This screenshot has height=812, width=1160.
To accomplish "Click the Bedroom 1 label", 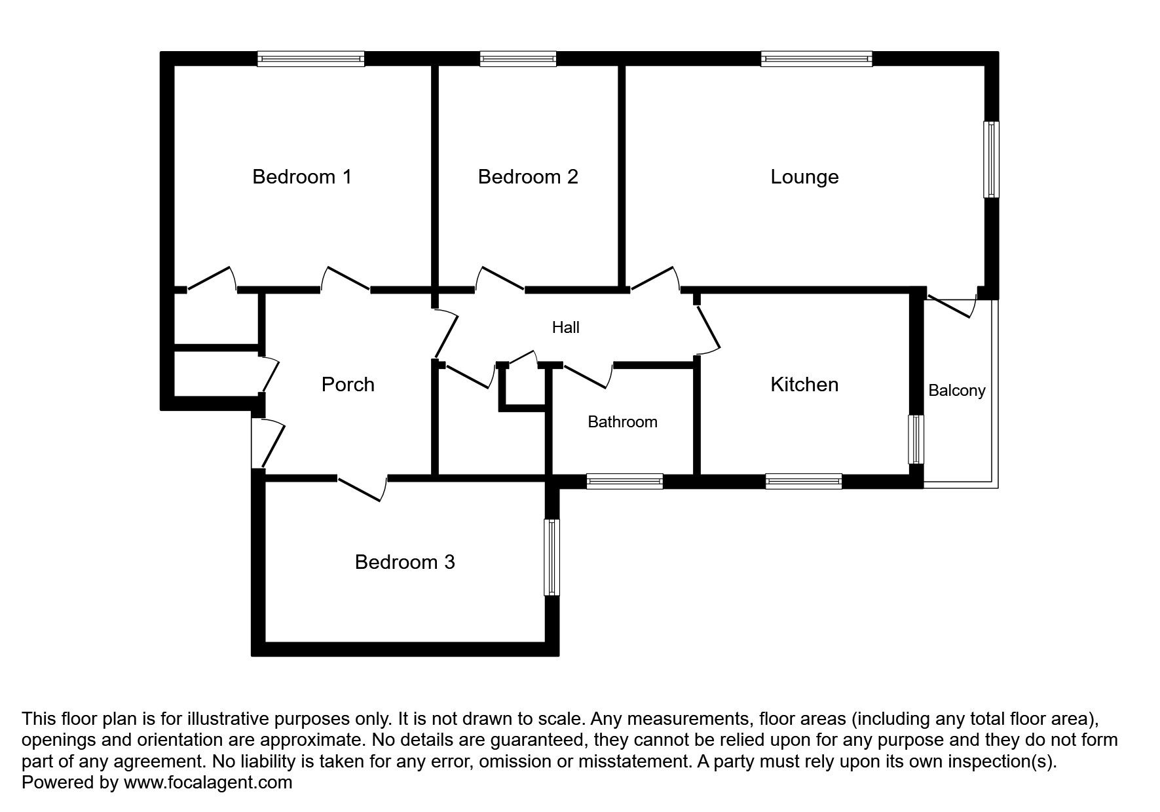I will tap(302, 177).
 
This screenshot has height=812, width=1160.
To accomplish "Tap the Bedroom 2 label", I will tap(528, 177).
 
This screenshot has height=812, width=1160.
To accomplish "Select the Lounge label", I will tap(804, 177).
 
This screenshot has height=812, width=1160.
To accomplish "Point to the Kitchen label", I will tap(804, 384).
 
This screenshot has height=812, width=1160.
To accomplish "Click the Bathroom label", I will tap(622, 422).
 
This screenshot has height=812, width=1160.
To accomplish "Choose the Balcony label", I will tap(956, 391).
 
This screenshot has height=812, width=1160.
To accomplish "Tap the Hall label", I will tap(565, 327).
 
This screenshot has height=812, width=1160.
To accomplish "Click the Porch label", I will tap(348, 384).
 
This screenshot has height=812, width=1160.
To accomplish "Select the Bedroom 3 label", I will tap(405, 562).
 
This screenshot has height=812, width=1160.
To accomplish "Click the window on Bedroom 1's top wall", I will tap(310, 60).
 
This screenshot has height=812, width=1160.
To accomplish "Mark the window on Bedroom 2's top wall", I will tap(517, 60).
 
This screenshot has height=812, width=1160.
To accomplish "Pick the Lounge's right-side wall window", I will tap(992, 159).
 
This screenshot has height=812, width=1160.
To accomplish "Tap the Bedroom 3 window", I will tap(552, 557).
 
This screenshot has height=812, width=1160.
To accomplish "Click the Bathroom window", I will tap(624, 482).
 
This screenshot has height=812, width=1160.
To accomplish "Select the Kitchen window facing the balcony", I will tap(916, 439).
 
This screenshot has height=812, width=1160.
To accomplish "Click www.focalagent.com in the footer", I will tap(208, 783).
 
